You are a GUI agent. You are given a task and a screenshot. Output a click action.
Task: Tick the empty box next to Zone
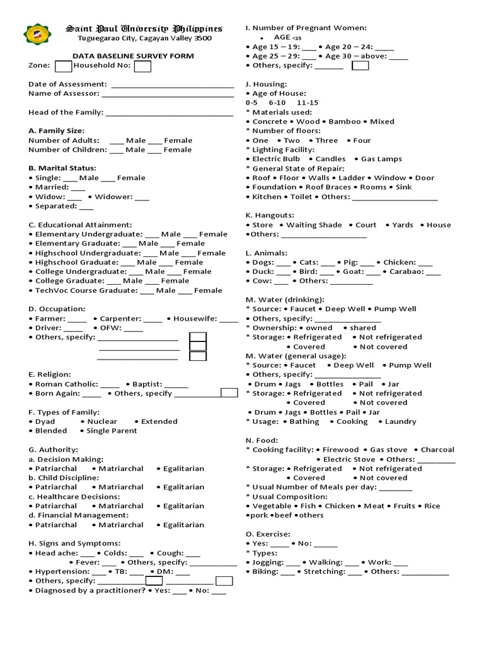tap(63, 66)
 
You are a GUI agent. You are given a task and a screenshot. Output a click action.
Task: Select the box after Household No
tap(142, 66)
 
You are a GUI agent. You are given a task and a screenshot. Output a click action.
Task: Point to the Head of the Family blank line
tap(170, 113)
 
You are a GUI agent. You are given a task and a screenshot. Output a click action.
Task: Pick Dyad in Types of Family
tap(45, 421)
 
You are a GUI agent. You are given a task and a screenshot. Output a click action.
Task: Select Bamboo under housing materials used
tap(344, 122)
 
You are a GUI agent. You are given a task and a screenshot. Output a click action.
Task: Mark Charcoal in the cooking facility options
tap(437, 450)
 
